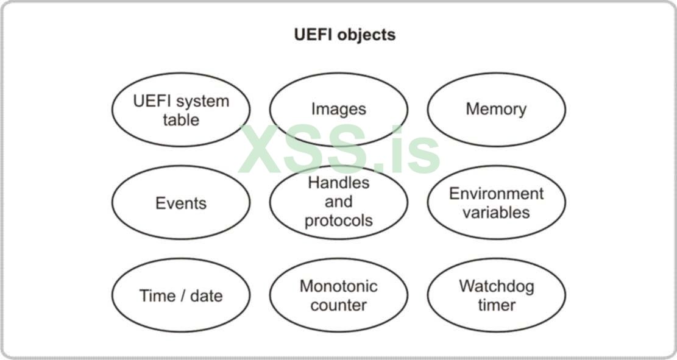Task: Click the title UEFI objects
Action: (344, 35)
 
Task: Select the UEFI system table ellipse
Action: (181, 110)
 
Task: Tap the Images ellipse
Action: (339, 110)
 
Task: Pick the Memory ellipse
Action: (496, 110)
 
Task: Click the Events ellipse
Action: (181, 203)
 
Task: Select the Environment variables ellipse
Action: (496, 203)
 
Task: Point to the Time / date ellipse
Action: (181, 296)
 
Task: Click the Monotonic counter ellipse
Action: (339, 295)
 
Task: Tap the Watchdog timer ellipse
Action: (496, 295)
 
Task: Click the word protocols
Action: (339, 221)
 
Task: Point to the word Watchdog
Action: (496, 286)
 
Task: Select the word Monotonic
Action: (339, 286)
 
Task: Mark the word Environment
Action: (496, 194)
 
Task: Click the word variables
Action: (496, 213)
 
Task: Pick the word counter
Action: (339, 305)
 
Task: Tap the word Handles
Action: (339, 183)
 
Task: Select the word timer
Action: (496, 305)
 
